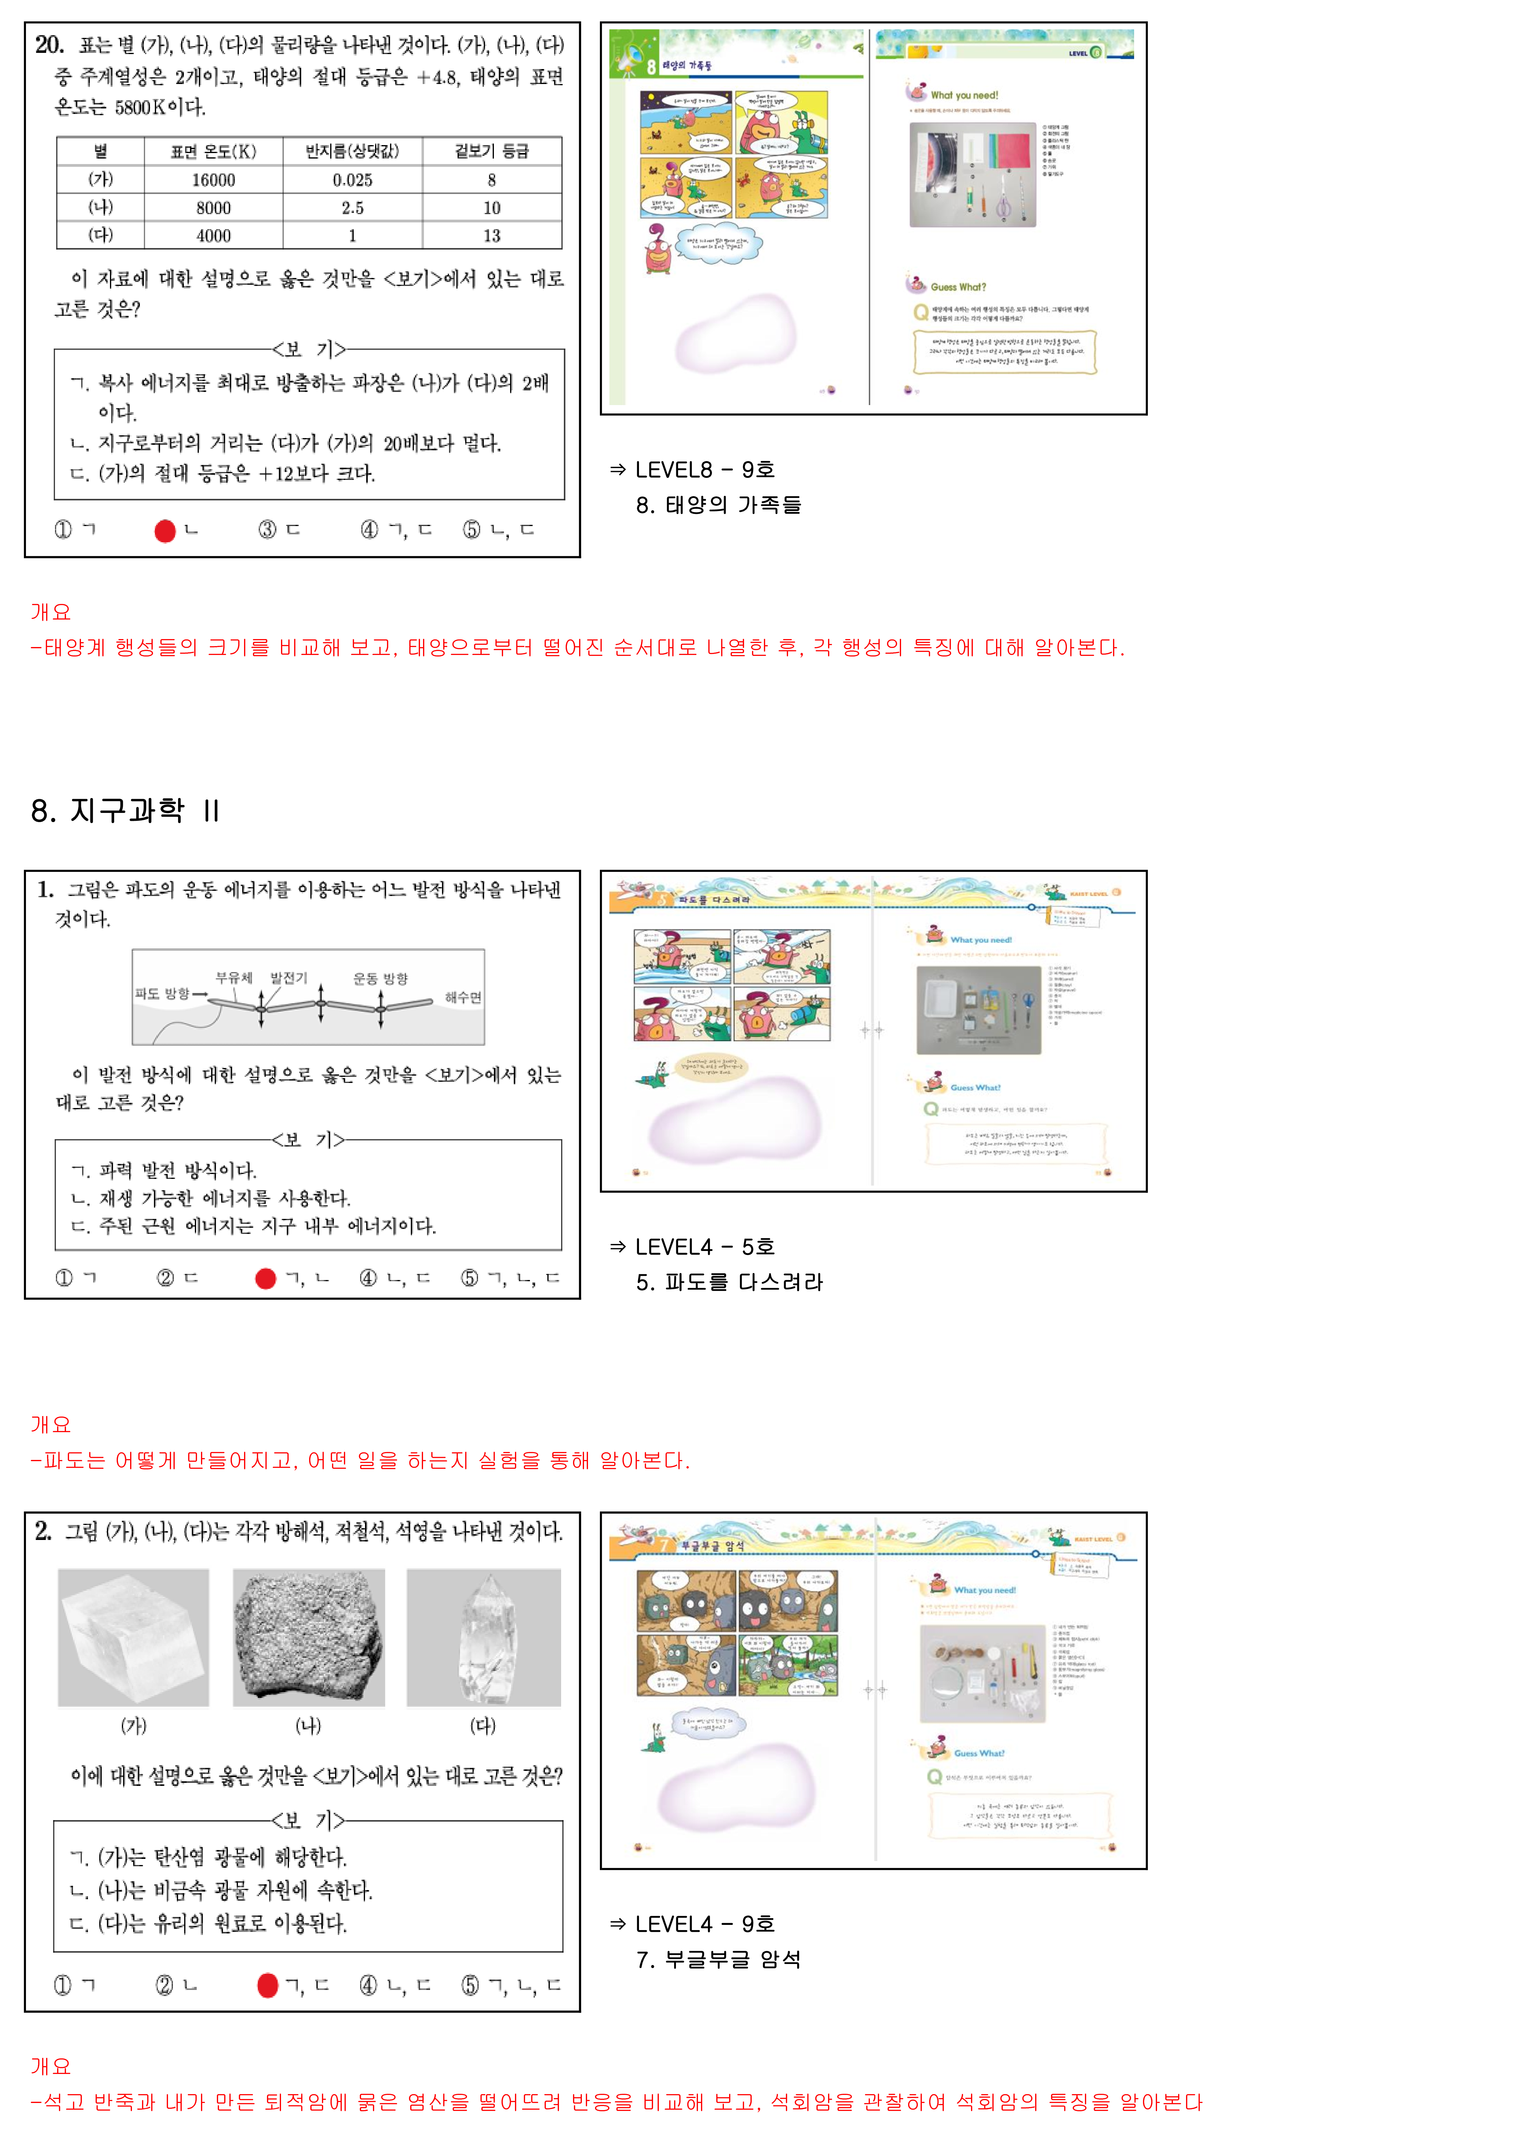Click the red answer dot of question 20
[165, 531]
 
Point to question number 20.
[49, 45]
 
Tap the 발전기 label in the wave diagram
[288, 977]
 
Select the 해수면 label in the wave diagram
[463, 997]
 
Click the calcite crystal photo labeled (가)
[133, 1637]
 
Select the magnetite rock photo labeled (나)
[308, 1637]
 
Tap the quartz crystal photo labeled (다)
[484, 1637]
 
